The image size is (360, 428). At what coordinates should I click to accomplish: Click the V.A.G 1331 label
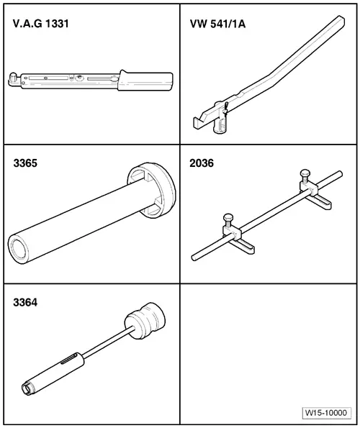(41, 24)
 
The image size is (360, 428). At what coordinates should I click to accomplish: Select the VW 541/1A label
(217, 24)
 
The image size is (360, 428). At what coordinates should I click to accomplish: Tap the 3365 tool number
(25, 163)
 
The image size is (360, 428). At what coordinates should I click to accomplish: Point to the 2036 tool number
(202, 163)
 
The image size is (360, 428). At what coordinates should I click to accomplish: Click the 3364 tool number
(25, 302)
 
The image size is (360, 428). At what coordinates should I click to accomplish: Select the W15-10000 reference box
(326, 413)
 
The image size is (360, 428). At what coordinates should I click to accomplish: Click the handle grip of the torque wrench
(145, 81)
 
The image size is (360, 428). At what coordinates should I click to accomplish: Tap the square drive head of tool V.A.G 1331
(13, 78)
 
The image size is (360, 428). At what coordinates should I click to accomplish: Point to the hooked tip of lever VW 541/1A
(197, 123)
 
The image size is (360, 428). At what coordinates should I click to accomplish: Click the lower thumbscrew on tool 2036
(228, 221)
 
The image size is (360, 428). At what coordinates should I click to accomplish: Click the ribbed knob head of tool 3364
(145, 321)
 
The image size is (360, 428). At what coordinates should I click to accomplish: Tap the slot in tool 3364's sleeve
(69, 359)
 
